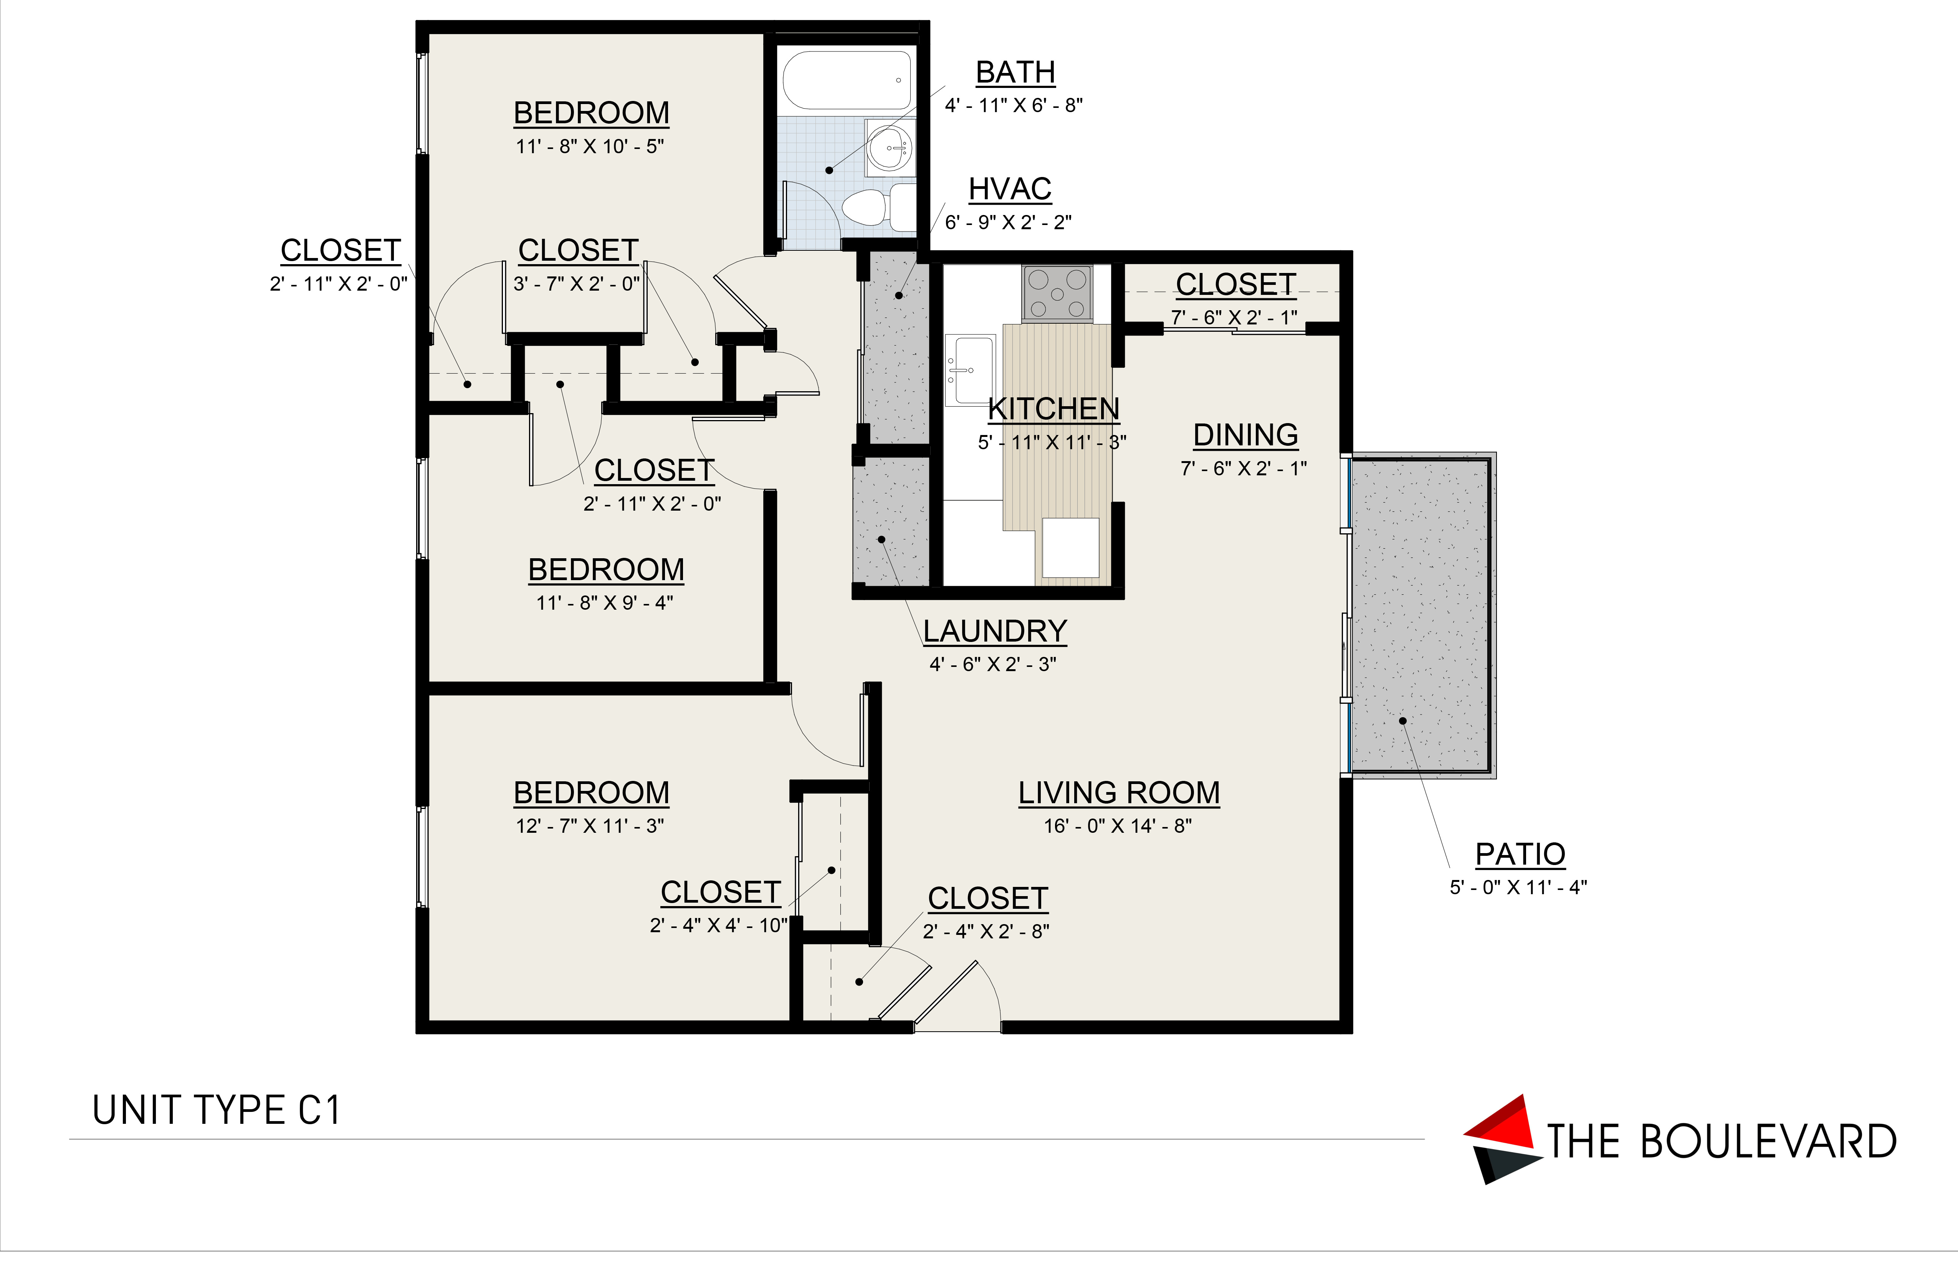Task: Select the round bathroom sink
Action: (x=890, y=148)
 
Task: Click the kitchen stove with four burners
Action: (x=1057, y=292)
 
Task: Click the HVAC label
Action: (x=1009, y=189)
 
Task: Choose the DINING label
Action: (x=1245, y=435)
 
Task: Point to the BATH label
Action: (x=1015, y=73)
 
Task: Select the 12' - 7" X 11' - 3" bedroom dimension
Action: (x=590, y=826)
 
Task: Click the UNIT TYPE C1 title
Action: (x=217, y=1111)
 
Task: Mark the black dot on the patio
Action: (x=1403, y=721)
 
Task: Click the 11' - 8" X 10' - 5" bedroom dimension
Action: (x=590, y=146)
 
